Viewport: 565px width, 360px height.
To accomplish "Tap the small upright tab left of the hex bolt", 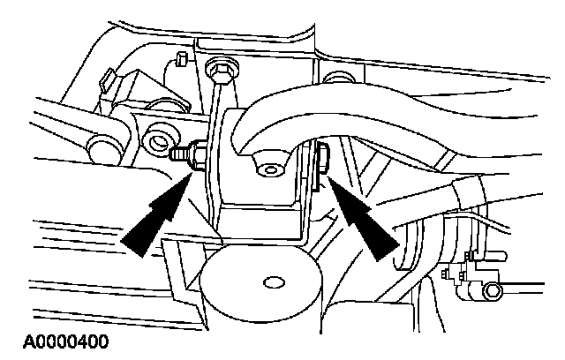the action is click(x=179, y=59).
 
